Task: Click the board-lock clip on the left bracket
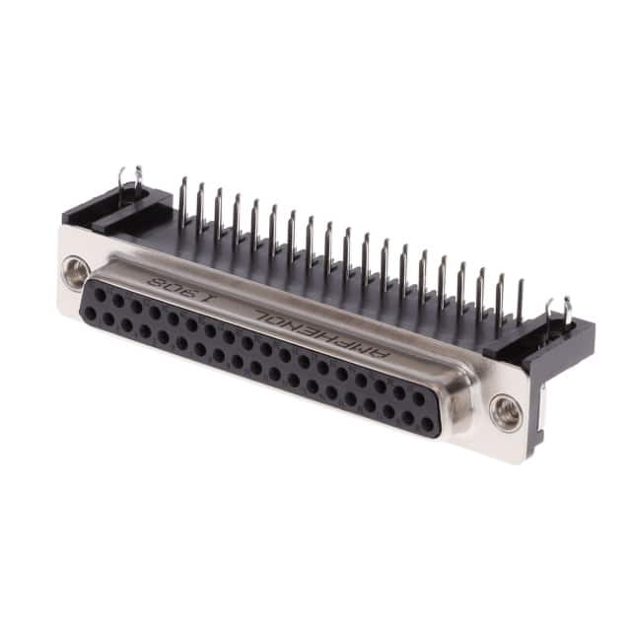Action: point(131,184)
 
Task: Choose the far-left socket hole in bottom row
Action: point(91,313)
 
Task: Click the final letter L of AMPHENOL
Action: point(264,315)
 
